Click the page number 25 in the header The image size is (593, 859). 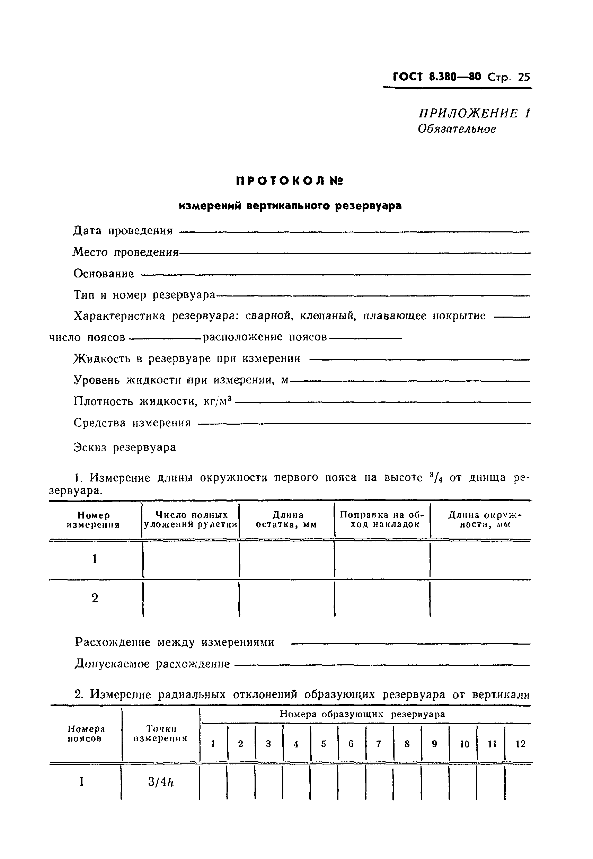click(523, 77)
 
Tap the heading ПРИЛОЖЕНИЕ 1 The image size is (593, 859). click(474, 113)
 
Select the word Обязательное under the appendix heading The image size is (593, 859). click(457, 129)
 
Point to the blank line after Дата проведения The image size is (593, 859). click(354, 232)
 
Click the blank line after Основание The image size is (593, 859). click(336, 275)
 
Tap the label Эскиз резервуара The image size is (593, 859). click(124, 447)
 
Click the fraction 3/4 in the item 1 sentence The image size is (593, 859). click(435, 477)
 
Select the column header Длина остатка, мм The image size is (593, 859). click(287, 520)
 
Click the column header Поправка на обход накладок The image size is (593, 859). click(382, 520)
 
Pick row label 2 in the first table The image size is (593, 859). click(95, 598)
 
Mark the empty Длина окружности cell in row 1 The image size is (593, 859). click(480, 559)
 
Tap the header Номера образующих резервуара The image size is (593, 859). click(362, 714)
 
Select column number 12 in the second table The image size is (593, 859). click(521, 743)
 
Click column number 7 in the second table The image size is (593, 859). click(379, 743)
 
